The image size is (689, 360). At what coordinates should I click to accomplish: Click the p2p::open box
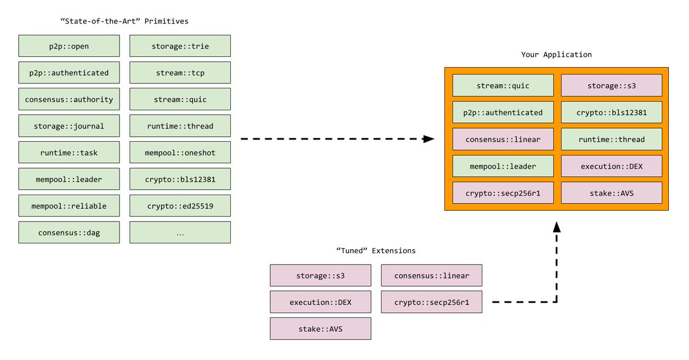tap(69, 46)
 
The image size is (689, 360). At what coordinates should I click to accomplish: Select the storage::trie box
tap(180, 46)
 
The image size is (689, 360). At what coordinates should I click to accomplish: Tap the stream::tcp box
tap(180, 72)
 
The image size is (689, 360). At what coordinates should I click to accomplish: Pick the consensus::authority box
tap(69, 99)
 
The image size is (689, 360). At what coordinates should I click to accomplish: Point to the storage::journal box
tap(69, 126)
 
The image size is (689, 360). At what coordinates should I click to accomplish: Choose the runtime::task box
tap(69, 152)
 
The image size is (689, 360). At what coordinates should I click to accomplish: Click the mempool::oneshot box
tap(180, 152)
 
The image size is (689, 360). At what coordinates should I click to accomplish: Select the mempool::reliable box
tap(69, 206)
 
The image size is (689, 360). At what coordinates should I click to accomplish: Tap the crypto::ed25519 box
tap(180, 206)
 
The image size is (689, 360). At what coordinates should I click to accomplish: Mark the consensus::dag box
tap(69, 233)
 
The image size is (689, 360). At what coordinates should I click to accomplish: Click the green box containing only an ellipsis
tap(180, 233)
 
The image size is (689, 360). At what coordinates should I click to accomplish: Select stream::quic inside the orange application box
tap(503, 85)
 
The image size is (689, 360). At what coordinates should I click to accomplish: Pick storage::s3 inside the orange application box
tap(611, 85)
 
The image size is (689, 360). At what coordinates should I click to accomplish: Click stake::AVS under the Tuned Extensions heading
tap(320, 328)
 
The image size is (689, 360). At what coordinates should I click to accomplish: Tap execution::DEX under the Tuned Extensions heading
tap(320, 302)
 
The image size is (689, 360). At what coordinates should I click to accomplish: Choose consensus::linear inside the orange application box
tap(503, 139)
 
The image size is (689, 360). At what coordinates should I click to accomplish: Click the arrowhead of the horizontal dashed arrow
tap(428, 139)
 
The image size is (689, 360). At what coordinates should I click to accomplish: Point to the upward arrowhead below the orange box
tap(557, 227)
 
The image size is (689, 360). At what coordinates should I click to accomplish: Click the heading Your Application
tap(556, 55)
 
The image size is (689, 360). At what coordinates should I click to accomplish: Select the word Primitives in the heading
tap(167, 21)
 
